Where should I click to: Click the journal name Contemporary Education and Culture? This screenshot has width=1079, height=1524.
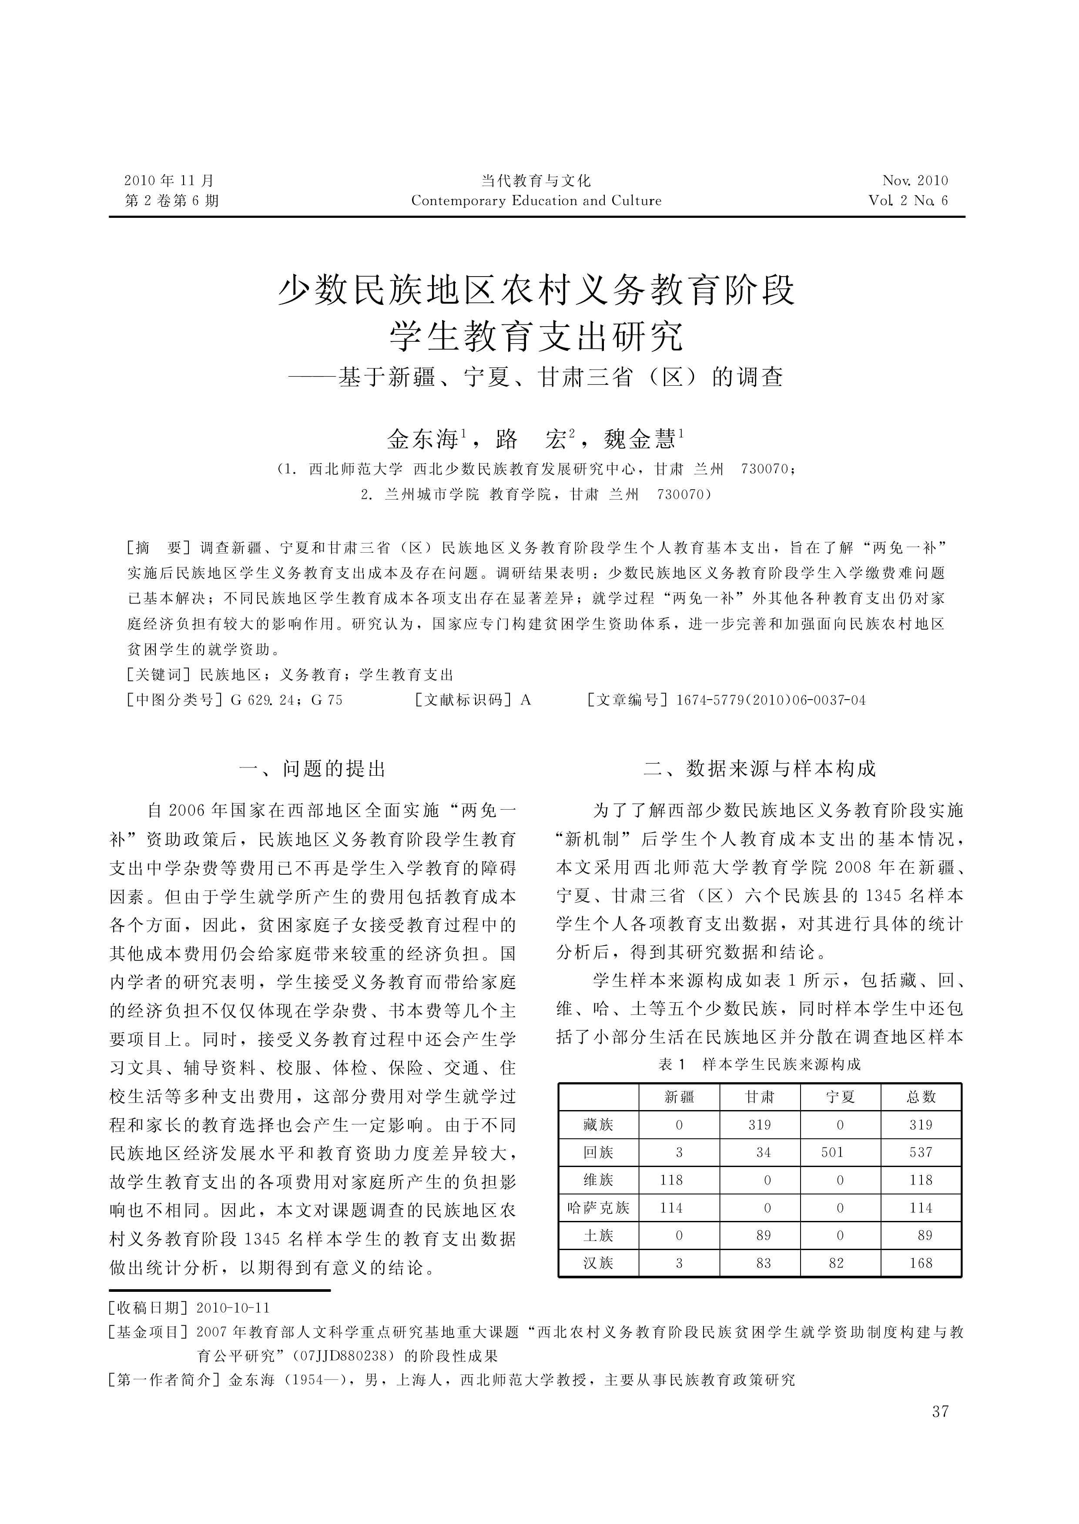536,200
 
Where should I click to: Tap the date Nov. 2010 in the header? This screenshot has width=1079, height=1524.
915,180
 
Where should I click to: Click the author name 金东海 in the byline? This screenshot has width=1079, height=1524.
422,440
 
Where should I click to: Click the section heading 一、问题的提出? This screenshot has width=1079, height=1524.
312,769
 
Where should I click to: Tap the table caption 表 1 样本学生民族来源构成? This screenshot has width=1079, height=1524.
759,1064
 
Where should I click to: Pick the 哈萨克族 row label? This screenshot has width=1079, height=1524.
598,1208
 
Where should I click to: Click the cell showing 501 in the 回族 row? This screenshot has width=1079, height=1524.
832,1152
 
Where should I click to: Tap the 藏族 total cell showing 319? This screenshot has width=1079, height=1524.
921,1125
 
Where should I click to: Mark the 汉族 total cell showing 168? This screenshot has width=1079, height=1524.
921,1263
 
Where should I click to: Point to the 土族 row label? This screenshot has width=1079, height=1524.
598,1235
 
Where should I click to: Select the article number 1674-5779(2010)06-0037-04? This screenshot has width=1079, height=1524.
771,700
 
